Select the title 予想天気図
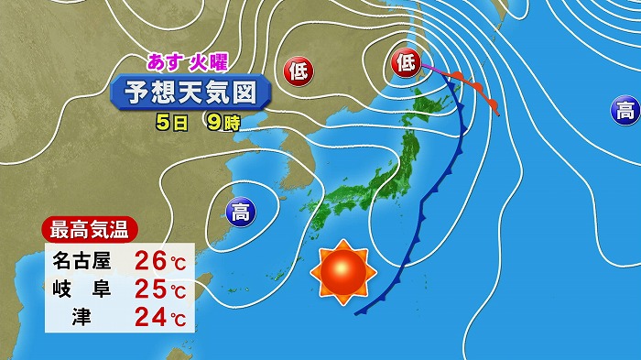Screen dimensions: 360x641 pos(190,93)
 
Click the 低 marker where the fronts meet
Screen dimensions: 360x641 pos(407,63)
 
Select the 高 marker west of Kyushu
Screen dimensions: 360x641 pos(240,214)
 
